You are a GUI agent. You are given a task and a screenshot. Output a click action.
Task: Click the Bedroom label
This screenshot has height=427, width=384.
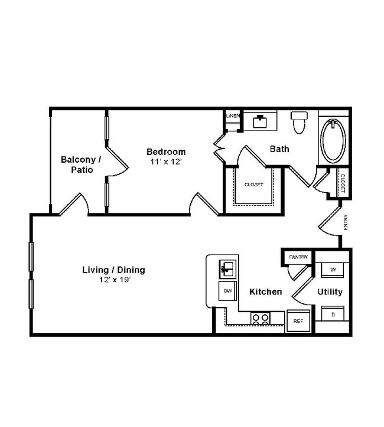166,152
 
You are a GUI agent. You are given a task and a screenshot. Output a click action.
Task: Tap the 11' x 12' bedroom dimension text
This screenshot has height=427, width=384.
166,161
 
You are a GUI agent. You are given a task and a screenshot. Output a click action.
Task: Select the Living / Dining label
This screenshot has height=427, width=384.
113,270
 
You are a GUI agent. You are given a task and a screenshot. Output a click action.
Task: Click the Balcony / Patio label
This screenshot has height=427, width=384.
82,164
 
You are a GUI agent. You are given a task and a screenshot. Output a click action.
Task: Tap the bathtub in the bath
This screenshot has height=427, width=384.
334,140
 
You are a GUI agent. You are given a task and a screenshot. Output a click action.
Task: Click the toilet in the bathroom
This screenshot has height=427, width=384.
300,122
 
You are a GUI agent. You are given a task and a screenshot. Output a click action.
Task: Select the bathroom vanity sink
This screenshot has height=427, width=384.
260,121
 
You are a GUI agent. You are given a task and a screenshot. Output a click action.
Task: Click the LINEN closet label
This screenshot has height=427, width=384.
232,116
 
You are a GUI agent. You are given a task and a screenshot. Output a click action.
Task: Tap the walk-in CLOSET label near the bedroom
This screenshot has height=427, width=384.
254,185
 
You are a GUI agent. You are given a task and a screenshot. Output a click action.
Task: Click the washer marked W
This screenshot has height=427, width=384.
333,269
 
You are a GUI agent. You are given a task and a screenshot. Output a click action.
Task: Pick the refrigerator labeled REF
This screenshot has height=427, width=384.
298,321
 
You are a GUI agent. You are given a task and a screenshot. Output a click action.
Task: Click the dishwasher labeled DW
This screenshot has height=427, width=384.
227,290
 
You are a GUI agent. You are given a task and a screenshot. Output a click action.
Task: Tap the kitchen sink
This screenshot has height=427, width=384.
227,269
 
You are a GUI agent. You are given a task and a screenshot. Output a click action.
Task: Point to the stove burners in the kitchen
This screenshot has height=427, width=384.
261,318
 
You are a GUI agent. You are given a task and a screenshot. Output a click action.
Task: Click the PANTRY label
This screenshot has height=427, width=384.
297,257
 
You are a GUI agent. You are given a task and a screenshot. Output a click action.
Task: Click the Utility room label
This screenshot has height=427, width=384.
330,292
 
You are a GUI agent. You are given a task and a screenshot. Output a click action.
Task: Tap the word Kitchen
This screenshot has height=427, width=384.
265,292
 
